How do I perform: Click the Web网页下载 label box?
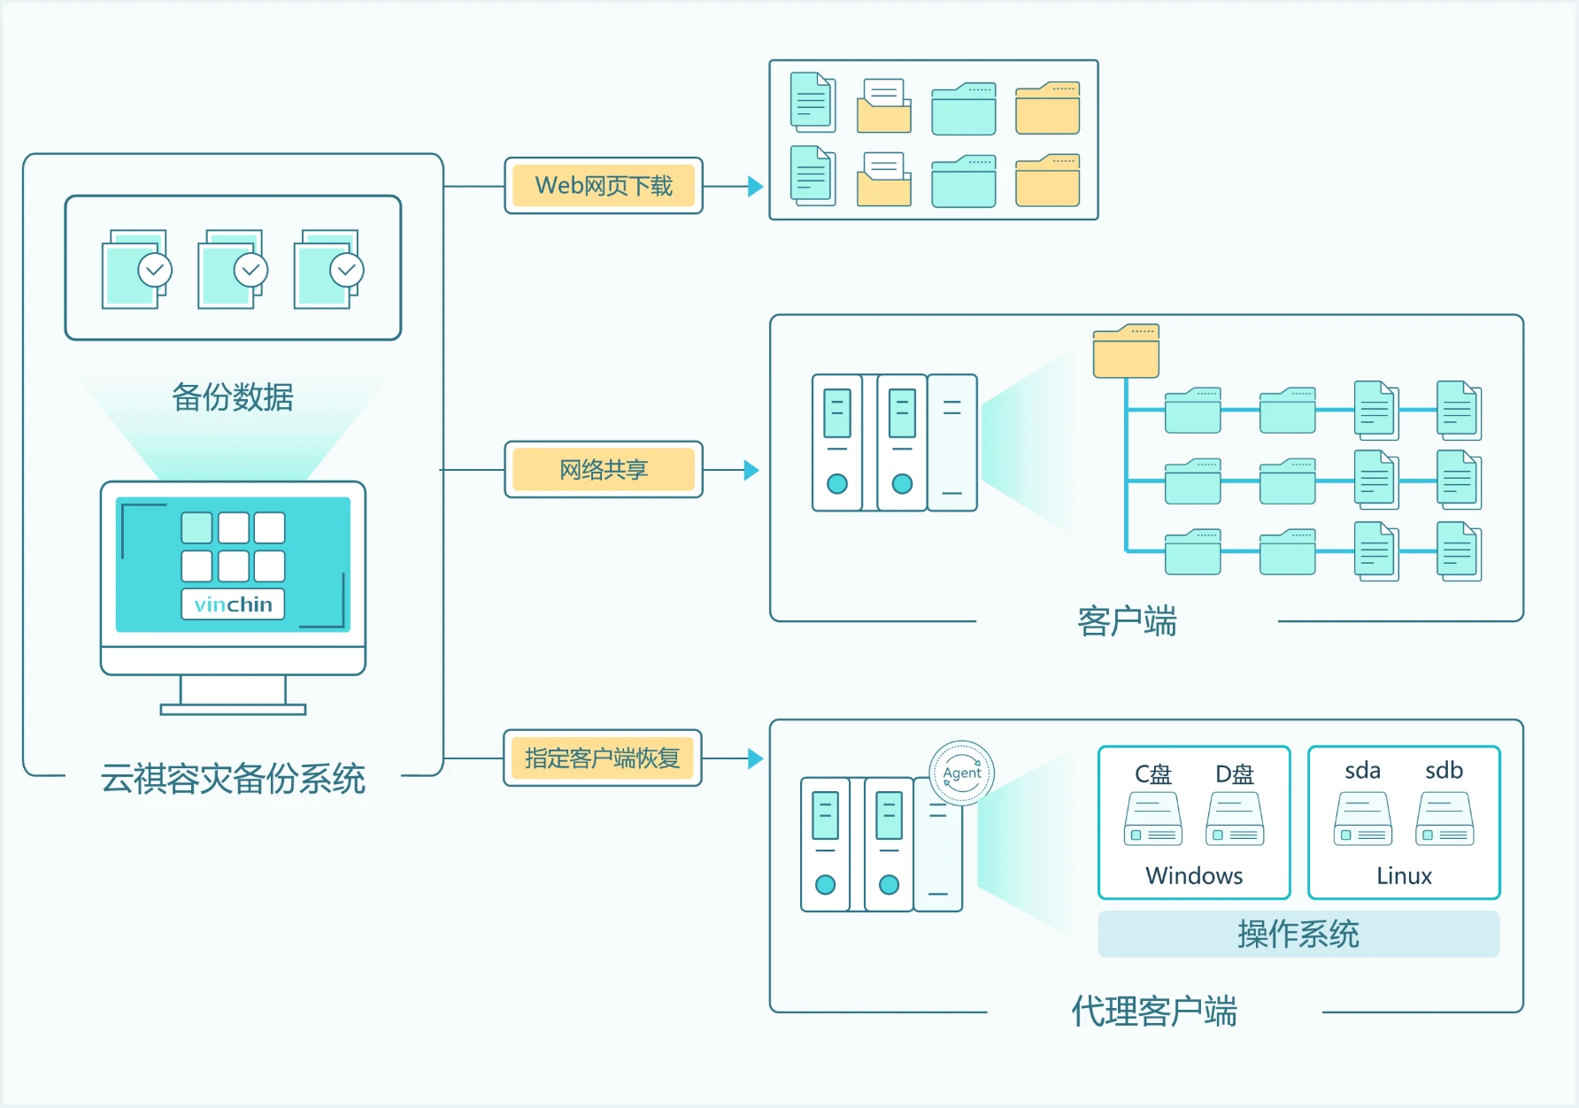tap(604, 186)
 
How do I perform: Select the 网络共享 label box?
tap(604, 469)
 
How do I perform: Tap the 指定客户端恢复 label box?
tap(603, 758)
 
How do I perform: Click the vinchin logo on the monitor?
tap(233, 604)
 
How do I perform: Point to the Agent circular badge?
tap(962, 773)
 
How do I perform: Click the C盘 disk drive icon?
tap(1153, 819)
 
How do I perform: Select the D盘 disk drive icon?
tap(1235, 819)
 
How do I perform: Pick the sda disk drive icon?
tap(1363, 819)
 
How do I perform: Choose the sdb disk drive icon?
tap(1444, 819)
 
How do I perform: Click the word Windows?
tap(1194, 875)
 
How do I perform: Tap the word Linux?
tap(1404, 875)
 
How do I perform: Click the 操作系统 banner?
tap(1298, 934)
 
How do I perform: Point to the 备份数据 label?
tap(233, 396)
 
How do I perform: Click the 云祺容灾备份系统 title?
tap(233, 778)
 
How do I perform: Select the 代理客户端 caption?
tap(1154, 1011)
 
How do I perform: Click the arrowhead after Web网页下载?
tap(755, 186)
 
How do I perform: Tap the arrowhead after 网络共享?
tap(751, 470)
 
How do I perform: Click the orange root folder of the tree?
tap(1126, 350)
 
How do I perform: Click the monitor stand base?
tap(233, 709)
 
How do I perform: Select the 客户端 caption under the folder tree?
tap(1127, 621)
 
